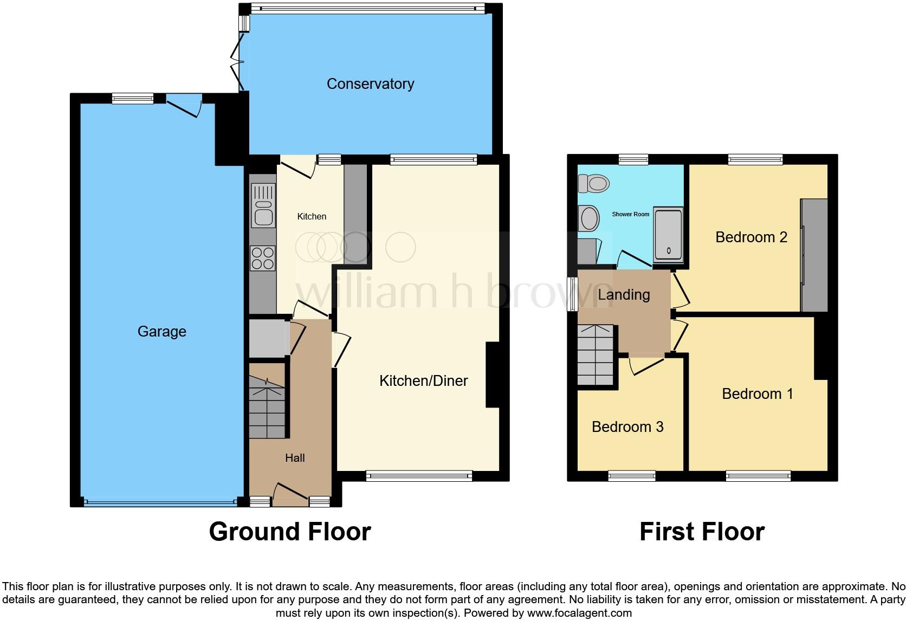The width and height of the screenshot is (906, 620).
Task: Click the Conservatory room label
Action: click(370, 83)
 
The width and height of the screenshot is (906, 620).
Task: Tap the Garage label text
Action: click(161, 331)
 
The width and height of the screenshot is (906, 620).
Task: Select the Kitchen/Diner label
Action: click(423, 380)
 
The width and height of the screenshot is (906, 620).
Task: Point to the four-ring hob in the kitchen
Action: click(263, 258)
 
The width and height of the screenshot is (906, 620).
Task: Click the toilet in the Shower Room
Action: click(593, 183)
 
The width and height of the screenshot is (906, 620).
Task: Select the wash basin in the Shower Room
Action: click(589, 219)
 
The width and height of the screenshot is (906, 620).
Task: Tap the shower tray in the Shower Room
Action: click(668, 234)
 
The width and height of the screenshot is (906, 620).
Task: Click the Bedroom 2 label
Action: click(751, 237)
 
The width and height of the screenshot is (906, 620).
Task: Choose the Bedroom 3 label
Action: click(627, 427)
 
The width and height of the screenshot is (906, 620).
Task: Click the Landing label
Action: click(624, 294)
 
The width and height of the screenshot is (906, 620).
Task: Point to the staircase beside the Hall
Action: click(267, 409)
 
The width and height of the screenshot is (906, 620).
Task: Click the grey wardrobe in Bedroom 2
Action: click(814, 255)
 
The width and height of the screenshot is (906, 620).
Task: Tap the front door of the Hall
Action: click(293, 493)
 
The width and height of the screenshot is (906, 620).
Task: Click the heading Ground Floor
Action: click(290, 532)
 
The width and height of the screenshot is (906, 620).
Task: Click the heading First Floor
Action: click(702, 532)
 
